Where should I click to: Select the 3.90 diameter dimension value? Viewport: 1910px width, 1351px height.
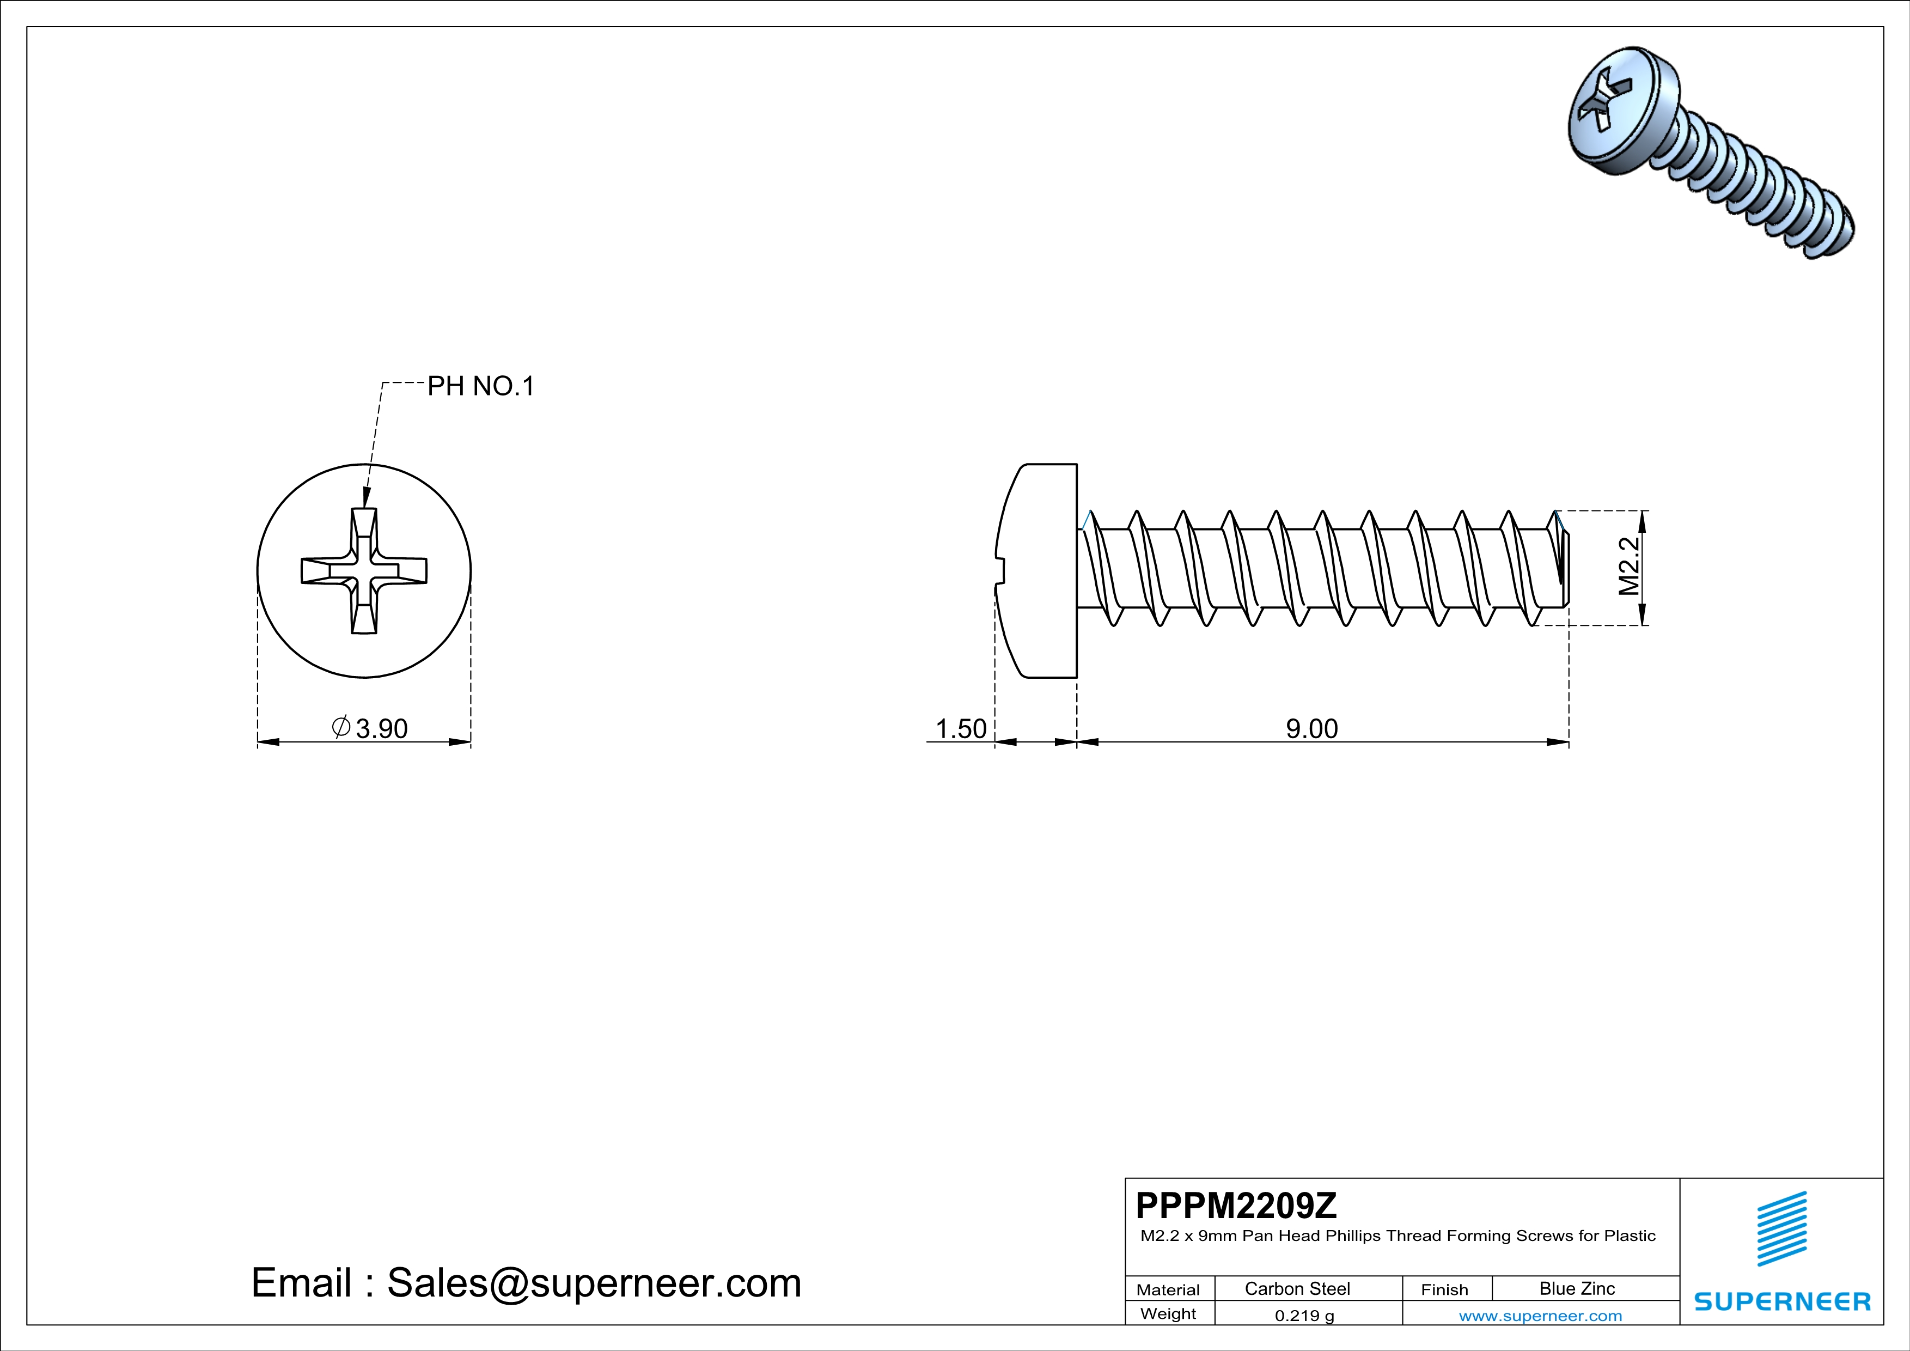pos(381,729)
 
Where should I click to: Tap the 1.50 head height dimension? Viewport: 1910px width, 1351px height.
pos(960,729)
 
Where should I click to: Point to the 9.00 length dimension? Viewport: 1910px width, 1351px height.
pos(1312,729)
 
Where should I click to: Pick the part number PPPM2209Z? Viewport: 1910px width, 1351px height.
pos(1236,1206)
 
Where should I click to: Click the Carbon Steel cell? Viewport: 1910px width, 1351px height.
pos(1297,1288)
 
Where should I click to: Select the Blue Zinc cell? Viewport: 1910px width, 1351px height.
pos(1576,1288)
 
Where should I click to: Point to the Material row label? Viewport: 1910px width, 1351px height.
pos(1168,1289)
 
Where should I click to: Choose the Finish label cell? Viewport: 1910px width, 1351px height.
pos(1444,1289)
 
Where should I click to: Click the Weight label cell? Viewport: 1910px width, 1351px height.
pos(1168,1313)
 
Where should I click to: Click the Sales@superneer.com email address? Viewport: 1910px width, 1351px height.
pos(594,1283)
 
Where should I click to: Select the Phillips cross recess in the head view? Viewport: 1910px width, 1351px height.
pos(363,571)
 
